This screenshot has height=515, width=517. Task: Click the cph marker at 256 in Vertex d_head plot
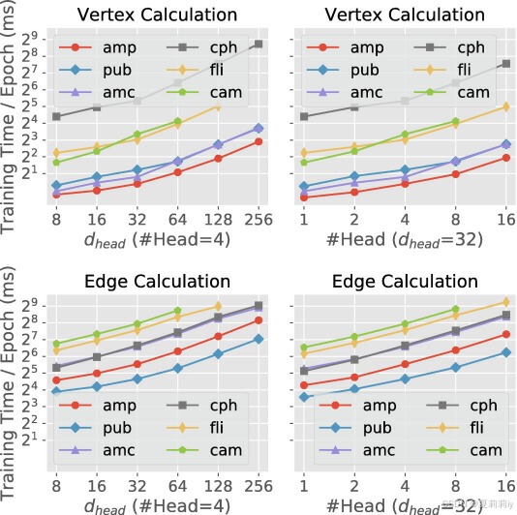[258, 45]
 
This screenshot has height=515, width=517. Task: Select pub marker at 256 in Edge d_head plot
[258, 339]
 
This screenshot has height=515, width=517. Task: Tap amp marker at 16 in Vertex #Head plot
[505, 157]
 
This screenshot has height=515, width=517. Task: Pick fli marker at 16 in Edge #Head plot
[505, 302]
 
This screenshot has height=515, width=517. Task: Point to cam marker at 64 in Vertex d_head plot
[177, 122]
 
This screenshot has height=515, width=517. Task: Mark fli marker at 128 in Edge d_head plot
[218, 307]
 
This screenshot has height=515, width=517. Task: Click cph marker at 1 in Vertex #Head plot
[305, 116]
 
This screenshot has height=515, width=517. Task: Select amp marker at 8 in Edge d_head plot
[57, 380]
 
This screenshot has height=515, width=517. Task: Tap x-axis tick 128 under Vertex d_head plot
[217, 219]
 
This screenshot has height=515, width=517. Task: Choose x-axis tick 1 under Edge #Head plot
[305, 484]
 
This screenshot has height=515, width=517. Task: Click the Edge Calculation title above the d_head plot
[157, 282]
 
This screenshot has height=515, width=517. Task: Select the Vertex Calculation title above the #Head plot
[405, 15]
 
